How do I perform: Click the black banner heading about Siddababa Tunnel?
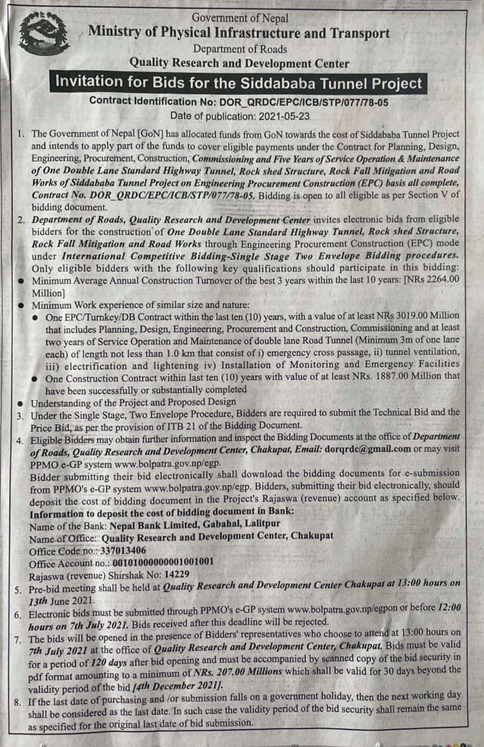pyautogui.click(x=239, y=83)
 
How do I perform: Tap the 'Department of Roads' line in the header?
pyautogui.click(x=239, y=48)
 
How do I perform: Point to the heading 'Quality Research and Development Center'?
pyautogui.click(x=239, y=63)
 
